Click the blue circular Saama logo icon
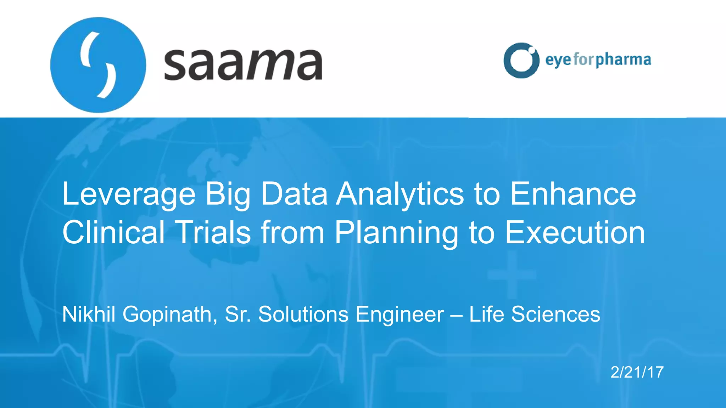click(x=98, y=65)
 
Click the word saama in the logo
click(x=243, y=65)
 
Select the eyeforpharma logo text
click(x=598, y=60)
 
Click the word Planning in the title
click(x=396, y=233)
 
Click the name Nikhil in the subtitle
click(x=89, y=314)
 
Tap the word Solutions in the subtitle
click(x=303, y=314)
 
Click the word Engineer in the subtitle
click(x=400, y=314)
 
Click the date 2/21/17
click(x=637, y=372)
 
